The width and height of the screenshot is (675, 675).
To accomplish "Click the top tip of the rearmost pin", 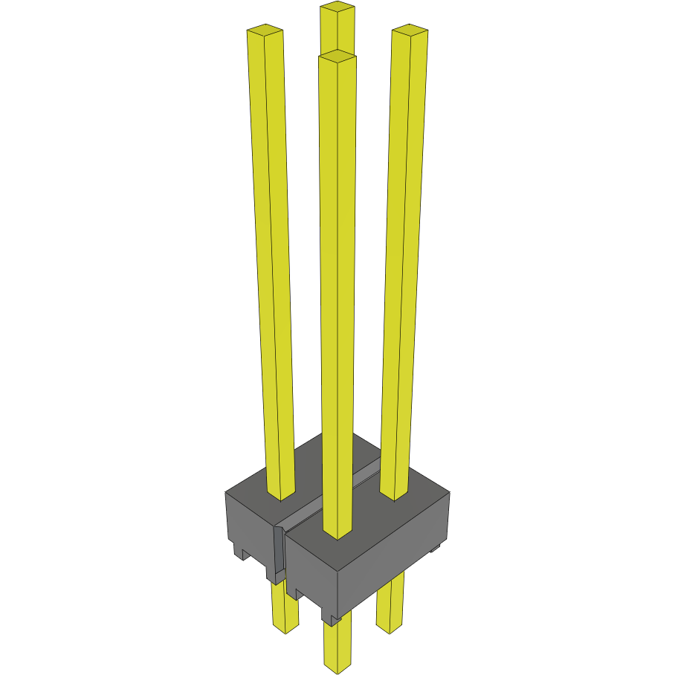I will (337, 8).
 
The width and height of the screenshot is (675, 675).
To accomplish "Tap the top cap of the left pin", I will (265, 30).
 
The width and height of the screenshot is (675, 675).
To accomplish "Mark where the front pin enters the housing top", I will (337, 531).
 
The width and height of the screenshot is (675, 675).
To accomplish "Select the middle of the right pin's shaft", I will (402, 260).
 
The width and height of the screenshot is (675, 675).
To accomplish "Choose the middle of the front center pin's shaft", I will (337, 297).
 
